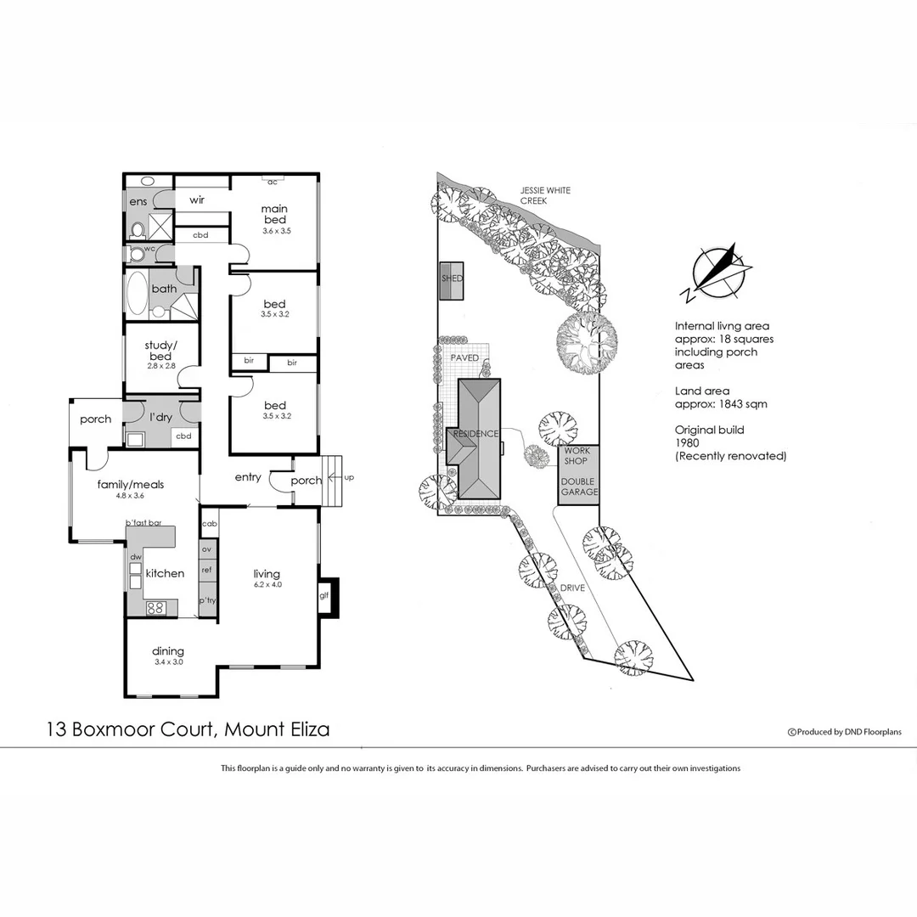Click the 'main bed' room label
(x=274, y=214)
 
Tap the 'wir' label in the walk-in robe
(x=197, y=200)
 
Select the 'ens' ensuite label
(x=138, y=201)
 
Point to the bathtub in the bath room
(x=137, y=294)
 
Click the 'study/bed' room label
(x=160, y=351)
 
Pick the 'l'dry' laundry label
(x=161, y=418)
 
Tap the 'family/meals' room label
(x=130, y=485)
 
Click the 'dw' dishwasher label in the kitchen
(x=135, y=557)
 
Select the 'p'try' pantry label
(x=207, y=600)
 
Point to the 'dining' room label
(x=168, y=651)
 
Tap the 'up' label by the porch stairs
(x=349, y=478)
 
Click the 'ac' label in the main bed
(x=273, y=182)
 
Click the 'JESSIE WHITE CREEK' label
(x=545, y=196)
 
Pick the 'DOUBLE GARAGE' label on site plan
(x=578, y=487)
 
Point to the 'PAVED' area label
(x=464, y=358)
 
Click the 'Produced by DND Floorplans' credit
(x=845, y=732)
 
